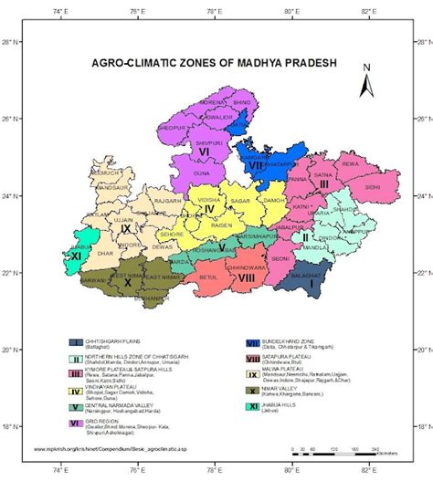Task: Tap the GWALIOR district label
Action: [217, 118]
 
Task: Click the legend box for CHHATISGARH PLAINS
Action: [74, 341]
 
